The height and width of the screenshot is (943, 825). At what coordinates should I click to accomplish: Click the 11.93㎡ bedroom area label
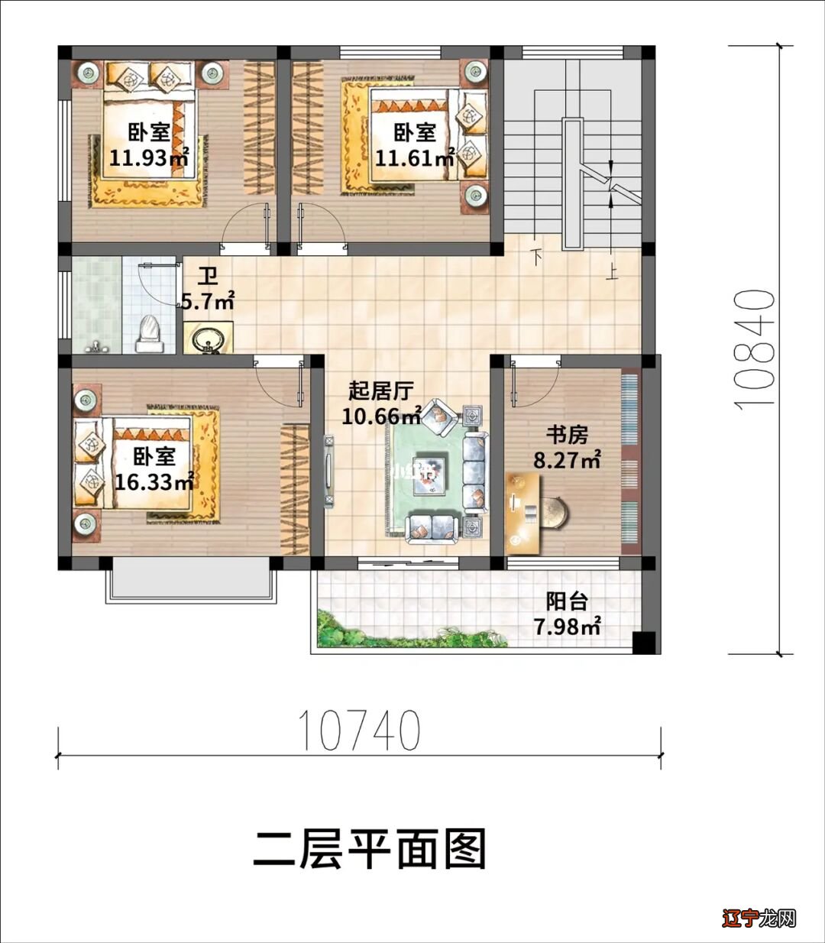[149, 158]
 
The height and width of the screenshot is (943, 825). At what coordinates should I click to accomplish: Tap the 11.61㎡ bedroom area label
[414, 158]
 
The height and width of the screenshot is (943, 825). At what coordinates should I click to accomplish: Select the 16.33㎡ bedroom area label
[154, 482]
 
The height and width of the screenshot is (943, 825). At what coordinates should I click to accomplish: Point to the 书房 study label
[566, 436]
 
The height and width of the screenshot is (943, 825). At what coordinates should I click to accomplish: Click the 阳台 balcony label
[566, 601]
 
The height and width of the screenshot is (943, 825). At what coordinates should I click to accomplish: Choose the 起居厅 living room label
[380, 392]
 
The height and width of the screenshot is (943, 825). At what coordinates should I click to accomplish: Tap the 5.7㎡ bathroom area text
[207, 302]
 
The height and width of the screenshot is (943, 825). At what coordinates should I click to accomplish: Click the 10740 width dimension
[358, 731]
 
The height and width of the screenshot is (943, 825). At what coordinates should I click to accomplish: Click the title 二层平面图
[370, 849]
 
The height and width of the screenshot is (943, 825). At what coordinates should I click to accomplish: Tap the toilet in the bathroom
[149, 334]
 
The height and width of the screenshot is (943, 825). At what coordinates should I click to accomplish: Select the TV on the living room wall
[328, 470]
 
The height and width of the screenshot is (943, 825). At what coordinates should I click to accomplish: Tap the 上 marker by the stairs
[611, 272]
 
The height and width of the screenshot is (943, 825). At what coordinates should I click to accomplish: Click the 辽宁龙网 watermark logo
[759, 917]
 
